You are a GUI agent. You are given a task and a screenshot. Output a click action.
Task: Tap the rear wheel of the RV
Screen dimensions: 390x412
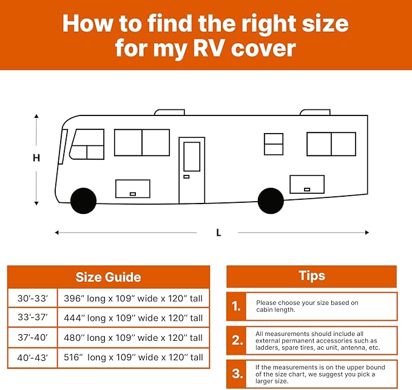coord(270,200)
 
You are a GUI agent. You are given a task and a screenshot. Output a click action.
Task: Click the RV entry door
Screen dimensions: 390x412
coord(191,170)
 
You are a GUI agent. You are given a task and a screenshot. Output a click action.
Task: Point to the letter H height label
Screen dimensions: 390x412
coord(36,158)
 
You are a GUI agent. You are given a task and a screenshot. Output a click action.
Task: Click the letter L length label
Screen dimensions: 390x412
coord(217,232)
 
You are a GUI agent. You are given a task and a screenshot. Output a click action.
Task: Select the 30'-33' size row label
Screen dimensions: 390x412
coord(33,298)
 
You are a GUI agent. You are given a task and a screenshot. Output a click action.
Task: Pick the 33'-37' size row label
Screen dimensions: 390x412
coord(33,318)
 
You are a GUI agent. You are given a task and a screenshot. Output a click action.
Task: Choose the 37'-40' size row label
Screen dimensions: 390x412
coord(33,337)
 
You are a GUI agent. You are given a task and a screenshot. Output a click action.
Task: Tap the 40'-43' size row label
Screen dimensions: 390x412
coord(33,357)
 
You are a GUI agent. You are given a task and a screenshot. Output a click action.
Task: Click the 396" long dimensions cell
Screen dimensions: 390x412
coord(133,298)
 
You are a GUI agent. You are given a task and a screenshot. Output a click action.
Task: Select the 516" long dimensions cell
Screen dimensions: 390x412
coord(133,357)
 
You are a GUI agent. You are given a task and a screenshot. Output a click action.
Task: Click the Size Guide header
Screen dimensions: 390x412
coord(108,278)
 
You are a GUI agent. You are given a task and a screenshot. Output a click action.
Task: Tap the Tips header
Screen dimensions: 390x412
coord(311,276)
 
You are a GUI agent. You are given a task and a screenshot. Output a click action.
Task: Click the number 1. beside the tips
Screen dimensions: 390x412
coord(237,307)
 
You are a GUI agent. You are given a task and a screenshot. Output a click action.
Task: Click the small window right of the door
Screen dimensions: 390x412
coord(274,144)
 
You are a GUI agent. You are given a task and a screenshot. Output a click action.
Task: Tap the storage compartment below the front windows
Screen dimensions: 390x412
coord(132,188)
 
